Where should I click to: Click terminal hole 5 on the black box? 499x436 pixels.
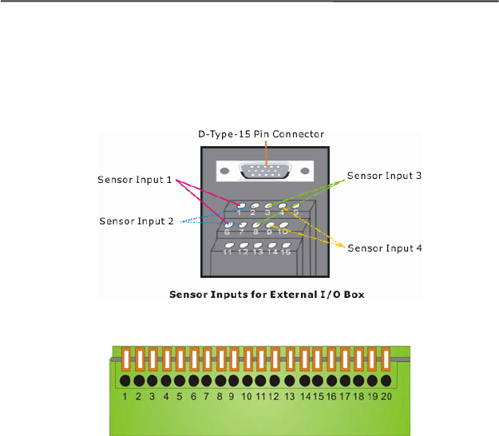click(295, 205)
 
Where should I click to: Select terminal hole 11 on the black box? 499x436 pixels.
click(229, 244)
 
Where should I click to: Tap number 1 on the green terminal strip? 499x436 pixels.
click(126, 395)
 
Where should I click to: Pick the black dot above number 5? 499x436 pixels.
click(180, 381)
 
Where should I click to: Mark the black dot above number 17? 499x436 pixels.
click(347, 381)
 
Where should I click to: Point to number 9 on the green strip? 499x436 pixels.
click(232, 395)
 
